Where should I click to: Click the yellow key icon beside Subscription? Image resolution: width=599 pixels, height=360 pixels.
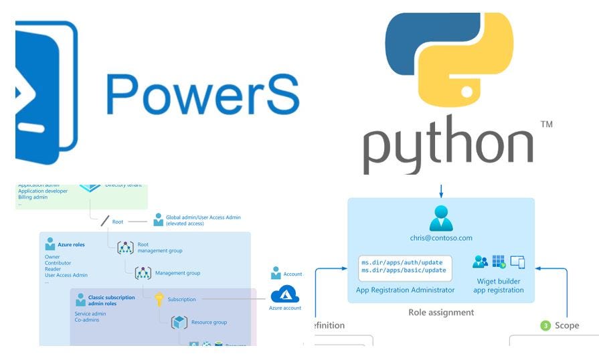[159, 299]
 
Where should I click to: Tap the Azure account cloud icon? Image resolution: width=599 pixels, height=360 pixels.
[285, 294]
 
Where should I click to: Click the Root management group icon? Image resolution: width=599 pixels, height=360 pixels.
[126, 248]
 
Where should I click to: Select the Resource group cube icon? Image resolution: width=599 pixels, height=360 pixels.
[179, 323]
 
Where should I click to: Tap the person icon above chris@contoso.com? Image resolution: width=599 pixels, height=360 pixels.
[441, 218]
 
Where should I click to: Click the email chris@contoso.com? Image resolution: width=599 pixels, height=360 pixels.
[441, 238]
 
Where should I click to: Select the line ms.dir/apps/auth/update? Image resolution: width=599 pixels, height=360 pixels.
[403, 262]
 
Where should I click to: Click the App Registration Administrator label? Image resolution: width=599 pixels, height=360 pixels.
[406, 290]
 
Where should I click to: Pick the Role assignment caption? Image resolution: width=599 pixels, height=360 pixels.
[441, 312]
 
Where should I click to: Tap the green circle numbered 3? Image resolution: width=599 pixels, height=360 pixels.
[545, 326]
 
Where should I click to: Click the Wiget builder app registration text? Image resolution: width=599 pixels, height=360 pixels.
[499, 286]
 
